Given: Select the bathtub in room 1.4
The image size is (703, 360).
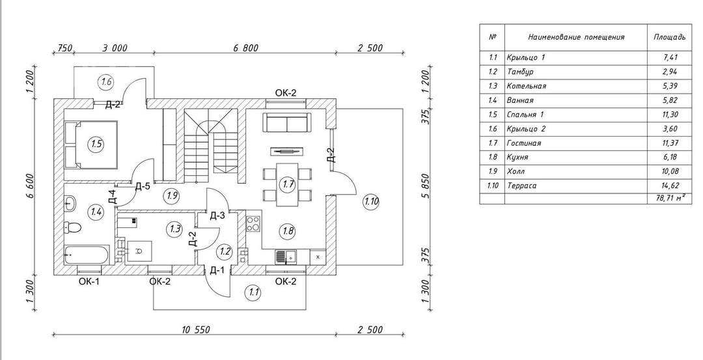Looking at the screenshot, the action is click(87, 255).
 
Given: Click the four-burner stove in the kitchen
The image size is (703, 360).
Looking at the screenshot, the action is click(253, 223).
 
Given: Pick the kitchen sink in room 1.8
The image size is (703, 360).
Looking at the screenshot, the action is click(286, 257).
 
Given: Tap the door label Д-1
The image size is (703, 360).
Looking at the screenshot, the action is click(217, 270).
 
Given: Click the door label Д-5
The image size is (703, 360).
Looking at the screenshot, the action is click(143, 186).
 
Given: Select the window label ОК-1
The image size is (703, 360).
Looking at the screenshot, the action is click(89, 281).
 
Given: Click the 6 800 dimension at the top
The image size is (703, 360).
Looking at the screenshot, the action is click(245, 48).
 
